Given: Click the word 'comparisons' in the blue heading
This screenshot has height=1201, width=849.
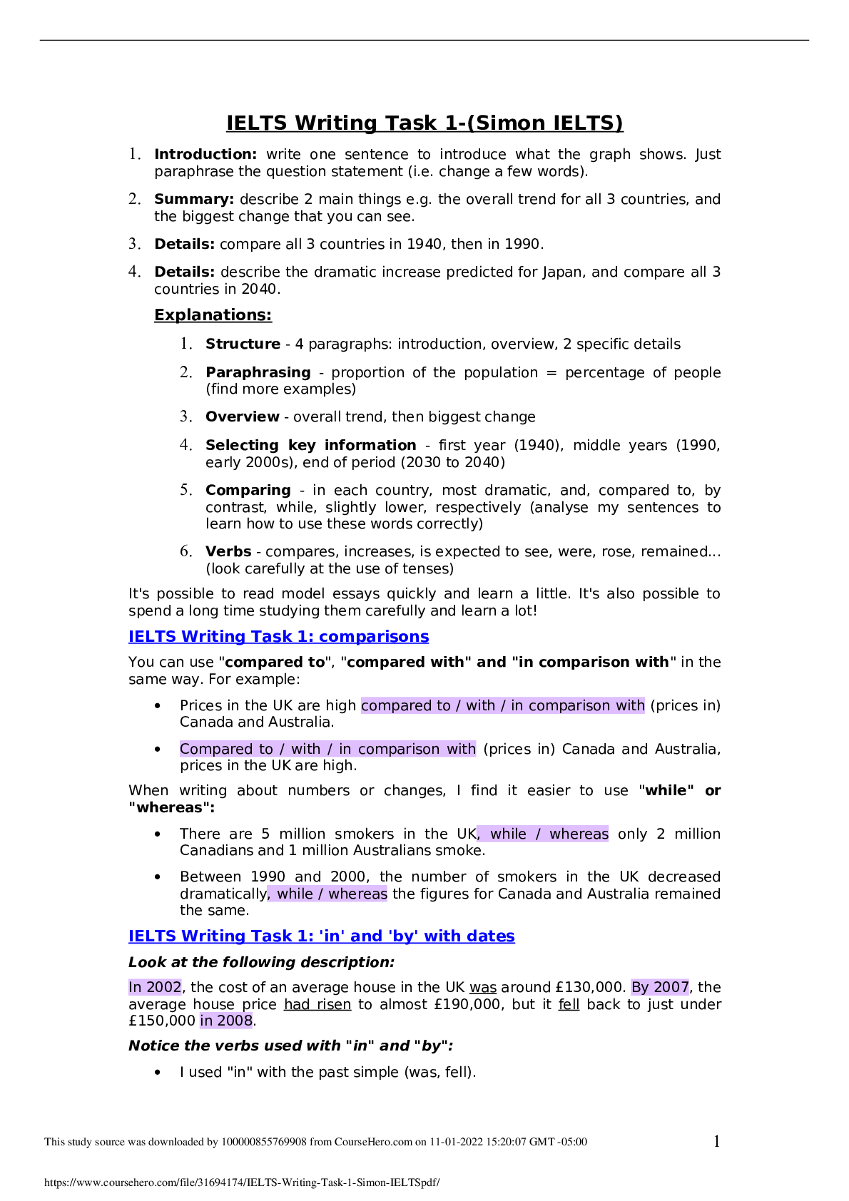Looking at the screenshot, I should click(374, 637).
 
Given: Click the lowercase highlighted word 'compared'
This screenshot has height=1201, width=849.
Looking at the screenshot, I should click(396, 706).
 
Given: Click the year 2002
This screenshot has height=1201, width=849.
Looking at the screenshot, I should click(164, 988).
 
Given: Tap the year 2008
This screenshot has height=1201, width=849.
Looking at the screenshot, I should click(235, 1021).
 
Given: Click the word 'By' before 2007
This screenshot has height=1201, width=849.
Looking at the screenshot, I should click(640, 988).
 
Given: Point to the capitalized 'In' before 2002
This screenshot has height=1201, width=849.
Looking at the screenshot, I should click(136, 988).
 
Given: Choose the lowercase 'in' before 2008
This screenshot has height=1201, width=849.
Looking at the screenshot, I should click(206, 1021).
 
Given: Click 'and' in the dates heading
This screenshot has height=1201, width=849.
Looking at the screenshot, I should click(367, 936).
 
